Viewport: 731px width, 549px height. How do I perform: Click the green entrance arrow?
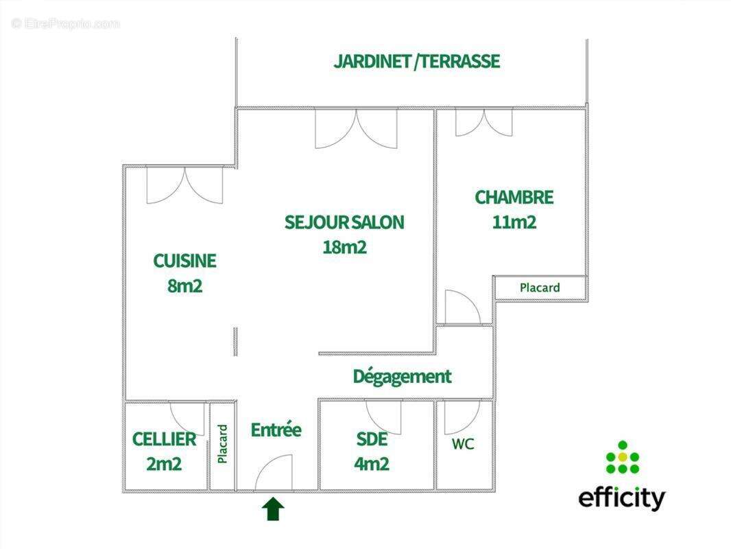[274, 509]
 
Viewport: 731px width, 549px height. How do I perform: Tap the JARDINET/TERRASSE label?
[416, 61]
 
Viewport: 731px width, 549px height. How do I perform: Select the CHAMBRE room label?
[514, 198]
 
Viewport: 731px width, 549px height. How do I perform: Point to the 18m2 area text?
[344, 247]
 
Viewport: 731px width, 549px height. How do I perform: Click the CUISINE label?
[184, 261]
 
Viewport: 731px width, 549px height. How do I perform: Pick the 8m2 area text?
[184, 285]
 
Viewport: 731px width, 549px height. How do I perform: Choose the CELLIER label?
[164, 439]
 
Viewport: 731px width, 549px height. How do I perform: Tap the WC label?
[463, 444]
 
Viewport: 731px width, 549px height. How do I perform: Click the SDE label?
[372, 439]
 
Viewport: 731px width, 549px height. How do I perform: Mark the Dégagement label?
[402, 376]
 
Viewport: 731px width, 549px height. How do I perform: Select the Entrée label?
[276, 430]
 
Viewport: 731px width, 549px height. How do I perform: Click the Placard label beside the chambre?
[540, 288]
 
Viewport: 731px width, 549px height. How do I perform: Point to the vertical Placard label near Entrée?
[222, 443]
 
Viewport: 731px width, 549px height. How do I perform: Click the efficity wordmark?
[621, 498]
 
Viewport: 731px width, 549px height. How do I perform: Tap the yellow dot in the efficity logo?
[622, 456]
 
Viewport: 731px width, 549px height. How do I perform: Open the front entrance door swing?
[274, 474]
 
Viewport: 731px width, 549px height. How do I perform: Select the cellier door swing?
[187, 417]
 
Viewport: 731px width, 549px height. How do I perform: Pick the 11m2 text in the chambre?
[514, 222]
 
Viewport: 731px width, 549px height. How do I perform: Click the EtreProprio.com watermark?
[66, 23]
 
